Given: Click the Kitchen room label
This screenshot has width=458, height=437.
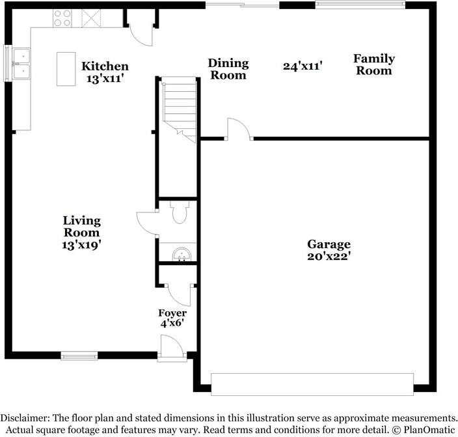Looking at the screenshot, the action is tap(105, 66).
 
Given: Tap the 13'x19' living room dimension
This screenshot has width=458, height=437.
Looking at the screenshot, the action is tap(82, 245).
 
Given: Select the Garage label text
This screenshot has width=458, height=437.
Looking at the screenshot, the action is tap(329, 244).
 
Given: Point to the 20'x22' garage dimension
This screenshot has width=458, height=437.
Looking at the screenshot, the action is tap(329, 256).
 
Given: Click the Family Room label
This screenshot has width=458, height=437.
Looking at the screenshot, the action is tap(374, 64).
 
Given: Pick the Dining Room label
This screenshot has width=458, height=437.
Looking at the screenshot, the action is tap(228, 69).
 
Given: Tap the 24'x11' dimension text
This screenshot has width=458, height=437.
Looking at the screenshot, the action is tap(303, 66).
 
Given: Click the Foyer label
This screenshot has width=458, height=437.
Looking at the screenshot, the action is tap(172, 313).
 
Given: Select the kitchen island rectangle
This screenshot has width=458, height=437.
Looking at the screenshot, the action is tap(66, 69).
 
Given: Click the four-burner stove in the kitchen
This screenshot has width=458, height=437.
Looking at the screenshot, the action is tap(62, 18).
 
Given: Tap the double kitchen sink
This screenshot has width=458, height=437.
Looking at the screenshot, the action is tap(21, 64).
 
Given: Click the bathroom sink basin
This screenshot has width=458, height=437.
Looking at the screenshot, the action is tap(182, 255).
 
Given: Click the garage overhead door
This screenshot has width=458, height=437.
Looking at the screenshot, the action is tap(312, 384).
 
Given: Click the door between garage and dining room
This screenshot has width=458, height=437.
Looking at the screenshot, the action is tap(239, 129).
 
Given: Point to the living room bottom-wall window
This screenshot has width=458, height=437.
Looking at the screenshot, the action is tap(79, 356).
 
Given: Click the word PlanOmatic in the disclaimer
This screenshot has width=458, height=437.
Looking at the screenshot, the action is tap(429, 430).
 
